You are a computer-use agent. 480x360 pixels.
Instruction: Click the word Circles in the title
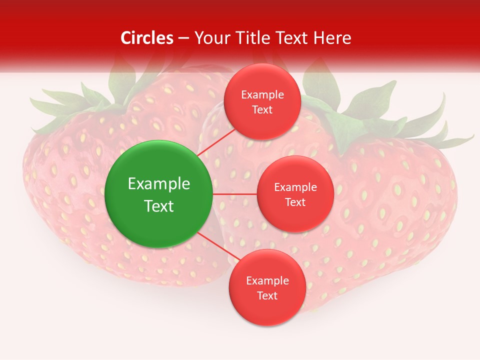(147, 38)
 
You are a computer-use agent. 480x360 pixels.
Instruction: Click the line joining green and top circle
(216, 142)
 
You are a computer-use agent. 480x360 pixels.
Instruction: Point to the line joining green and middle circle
(235, 194)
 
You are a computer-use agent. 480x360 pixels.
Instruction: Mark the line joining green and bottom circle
(218, 247)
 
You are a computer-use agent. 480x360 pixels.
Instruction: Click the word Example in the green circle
(158, 184)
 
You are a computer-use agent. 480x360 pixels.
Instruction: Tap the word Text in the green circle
(158, 206)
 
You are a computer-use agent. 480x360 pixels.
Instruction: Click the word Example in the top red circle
(262, 95)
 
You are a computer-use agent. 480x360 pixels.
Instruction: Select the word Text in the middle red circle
(295, 202)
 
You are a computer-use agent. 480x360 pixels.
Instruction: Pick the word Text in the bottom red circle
(267, 296)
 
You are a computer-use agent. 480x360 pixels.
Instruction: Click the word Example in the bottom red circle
(267, 281)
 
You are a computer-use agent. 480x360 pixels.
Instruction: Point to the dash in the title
(183, 38)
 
